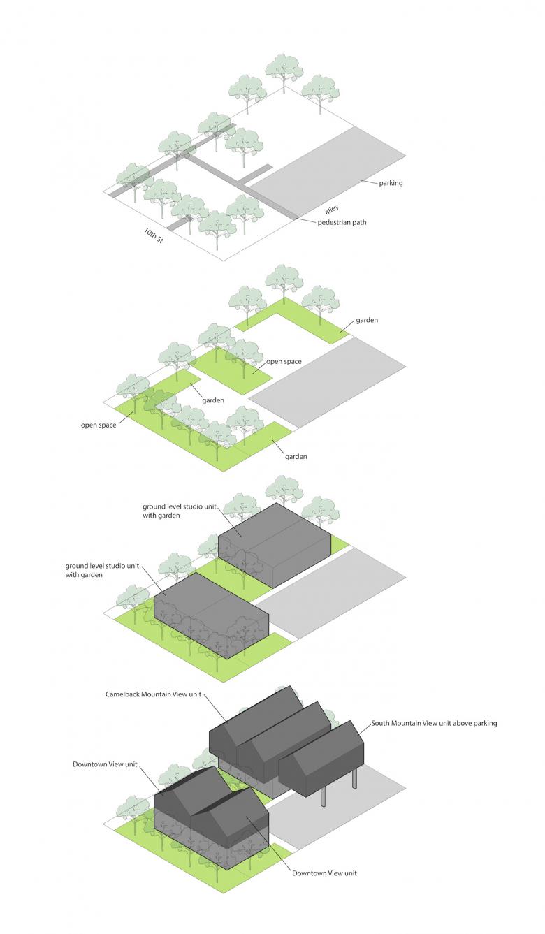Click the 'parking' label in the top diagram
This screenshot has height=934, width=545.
point(391,184)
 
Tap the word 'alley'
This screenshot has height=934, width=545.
point(333,209)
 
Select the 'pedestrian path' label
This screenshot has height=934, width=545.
point(342,223)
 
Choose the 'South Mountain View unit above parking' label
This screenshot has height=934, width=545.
point(434,724)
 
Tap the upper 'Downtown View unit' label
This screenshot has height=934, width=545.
point(104,764)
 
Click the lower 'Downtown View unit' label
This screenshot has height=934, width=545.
point(324,873)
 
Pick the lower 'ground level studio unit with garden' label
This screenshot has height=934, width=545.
point(94,570)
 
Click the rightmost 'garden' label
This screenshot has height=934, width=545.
point(367,320)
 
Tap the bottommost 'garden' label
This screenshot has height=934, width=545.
point(296,457)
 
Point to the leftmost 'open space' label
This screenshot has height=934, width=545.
point(99,425)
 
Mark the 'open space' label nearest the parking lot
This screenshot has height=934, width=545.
point(284,362)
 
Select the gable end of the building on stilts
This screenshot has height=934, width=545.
point(350,757)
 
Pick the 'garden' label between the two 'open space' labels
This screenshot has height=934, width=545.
point(213,400)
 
